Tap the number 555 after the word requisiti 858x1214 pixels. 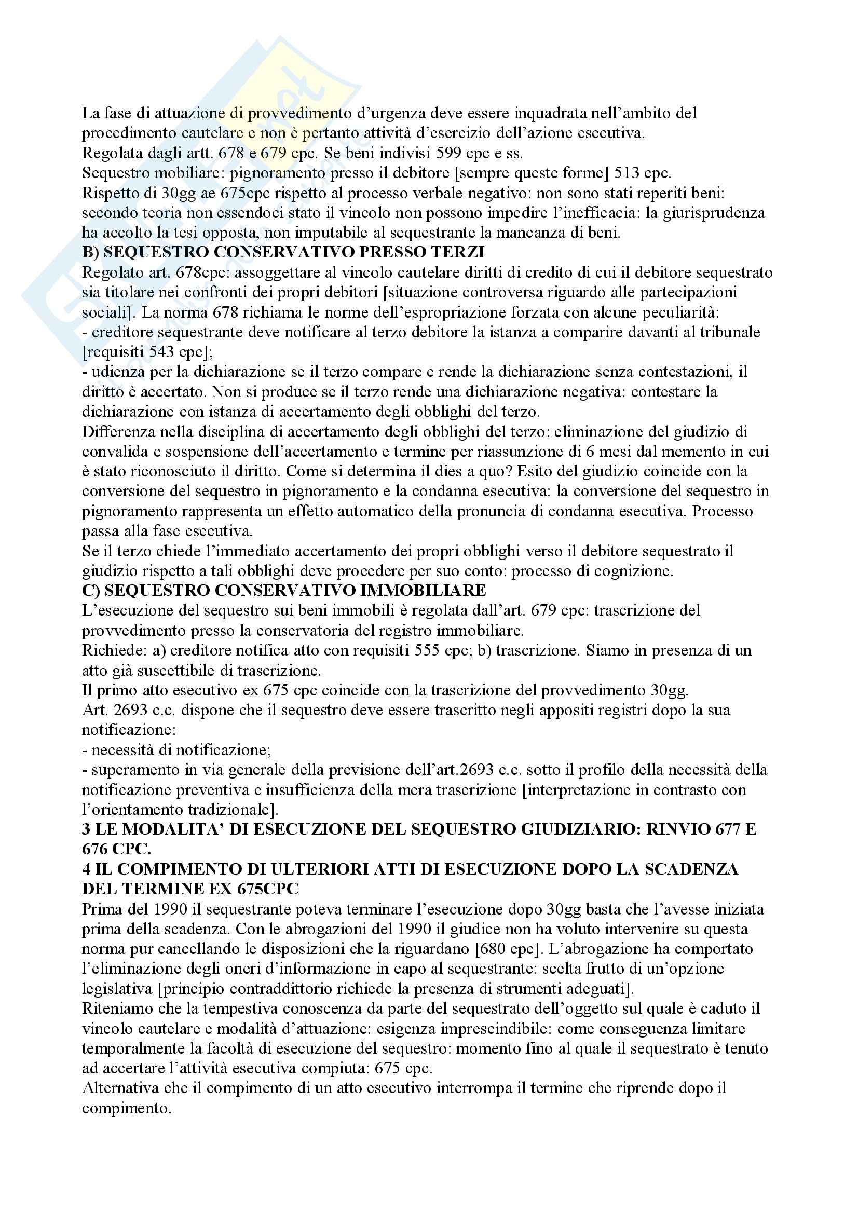[424, 650]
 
